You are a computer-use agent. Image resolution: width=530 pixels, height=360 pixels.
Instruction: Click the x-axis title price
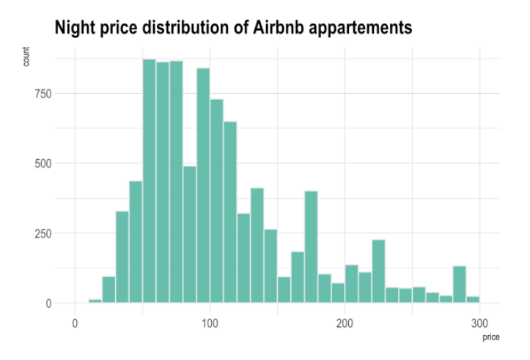click(x=490, y=337)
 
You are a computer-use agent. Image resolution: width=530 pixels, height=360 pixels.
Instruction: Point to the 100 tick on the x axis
click(x=210, y=323)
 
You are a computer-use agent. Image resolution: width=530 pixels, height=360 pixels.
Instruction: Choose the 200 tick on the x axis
click(x=345, y=323)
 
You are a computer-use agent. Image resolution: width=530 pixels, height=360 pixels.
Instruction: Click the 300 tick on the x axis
click(x=479, y=323)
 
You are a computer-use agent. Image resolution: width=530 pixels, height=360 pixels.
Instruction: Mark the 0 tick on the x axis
click(x=75, y=323)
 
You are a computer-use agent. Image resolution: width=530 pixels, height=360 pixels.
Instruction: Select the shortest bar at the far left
click(x=95, y=301)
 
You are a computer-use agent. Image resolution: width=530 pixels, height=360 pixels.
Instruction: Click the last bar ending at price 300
click(x=473, y=299)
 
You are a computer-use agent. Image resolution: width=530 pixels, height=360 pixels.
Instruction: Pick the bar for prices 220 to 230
click(x=378, y=271)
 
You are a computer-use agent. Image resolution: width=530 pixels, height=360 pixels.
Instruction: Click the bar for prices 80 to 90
click(x=189, y=235)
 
